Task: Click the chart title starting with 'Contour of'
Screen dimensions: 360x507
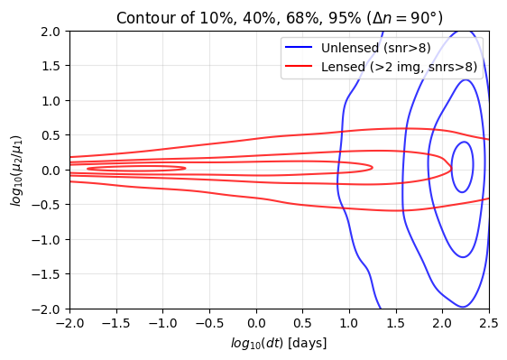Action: [280, 17]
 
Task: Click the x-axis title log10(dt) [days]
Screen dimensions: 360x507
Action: [279, 344]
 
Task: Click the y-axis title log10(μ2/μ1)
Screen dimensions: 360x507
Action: [15, 170]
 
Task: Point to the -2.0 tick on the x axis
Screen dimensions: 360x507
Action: [69, 323]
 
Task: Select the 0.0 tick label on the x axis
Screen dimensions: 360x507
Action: [256, 323]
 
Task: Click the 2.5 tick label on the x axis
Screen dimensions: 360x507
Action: [488, 323]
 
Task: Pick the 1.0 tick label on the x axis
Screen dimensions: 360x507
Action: [349, 323]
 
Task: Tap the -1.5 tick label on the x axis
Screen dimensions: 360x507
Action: [115, 323]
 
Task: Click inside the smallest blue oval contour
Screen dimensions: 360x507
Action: [462, 167]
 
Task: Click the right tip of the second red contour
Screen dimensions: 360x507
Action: [373, 167]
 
